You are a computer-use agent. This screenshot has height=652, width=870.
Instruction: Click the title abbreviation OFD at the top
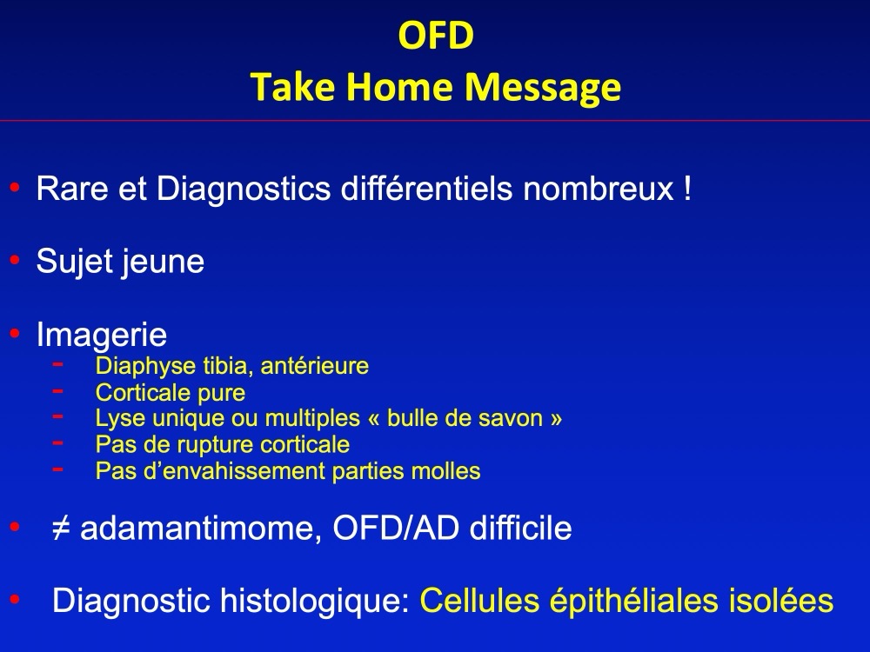pyautogui.click(x=436, y=35)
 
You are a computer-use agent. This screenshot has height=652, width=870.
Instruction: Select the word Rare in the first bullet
pyautogui.click(x=72, y=189)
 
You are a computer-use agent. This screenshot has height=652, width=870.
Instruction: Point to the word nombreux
pyautogui.click(x=599, y=189)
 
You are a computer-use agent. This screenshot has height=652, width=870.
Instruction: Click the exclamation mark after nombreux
pyautogui.click(x=688, y=189)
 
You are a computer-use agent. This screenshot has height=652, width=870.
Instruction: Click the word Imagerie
pyautogui.click(x=102, y=335)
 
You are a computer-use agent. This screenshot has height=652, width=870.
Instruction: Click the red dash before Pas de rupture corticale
pyautogui.click(x=57, y=442)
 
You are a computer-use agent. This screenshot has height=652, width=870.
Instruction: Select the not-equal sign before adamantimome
pyautogui.click(x=61, y=528)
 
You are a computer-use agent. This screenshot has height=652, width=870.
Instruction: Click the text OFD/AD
pyautogui.click(x=396, y=528)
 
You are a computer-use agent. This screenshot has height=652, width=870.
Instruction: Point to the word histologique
pyautogui.click(x=315, y=601)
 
